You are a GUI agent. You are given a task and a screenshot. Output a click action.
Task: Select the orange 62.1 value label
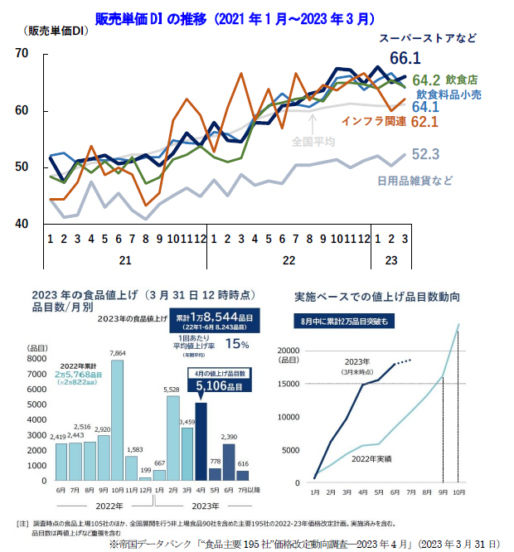(x=424, y=123)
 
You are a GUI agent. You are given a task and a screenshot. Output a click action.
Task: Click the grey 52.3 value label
(x=424, y=154)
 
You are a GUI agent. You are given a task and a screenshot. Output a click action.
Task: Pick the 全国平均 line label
(x=313, y=142)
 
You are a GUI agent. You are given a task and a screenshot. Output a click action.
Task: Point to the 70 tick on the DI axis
(x=22, y=54)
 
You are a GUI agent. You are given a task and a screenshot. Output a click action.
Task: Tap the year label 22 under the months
(x=289, y=259)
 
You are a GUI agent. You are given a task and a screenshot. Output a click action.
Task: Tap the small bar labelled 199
(x=145, y=478)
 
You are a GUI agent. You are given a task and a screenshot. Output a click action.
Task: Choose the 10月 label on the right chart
(x=458, y=493)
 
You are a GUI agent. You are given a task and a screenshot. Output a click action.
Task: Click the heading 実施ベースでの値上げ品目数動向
(x=377, y=296)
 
